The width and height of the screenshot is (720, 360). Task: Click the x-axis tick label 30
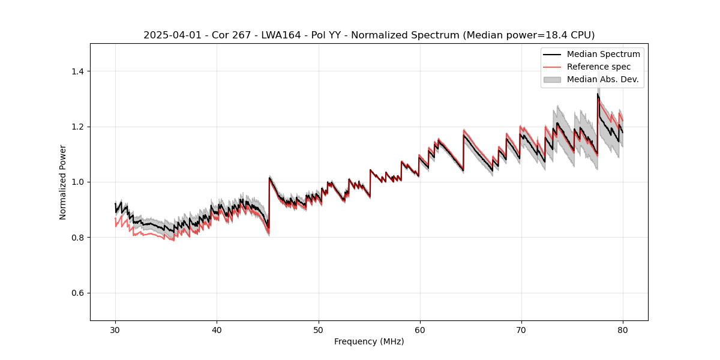click(115, 329)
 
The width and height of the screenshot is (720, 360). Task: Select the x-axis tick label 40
click(217, 329)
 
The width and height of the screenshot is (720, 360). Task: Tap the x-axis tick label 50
click(319, 329)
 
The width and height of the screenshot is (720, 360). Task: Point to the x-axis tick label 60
click(420, 329)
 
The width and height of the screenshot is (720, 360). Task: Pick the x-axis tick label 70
click(521, 329)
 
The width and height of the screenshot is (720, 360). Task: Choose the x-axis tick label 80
click(623, 329)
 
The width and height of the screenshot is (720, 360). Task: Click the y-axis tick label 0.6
click(77, 293)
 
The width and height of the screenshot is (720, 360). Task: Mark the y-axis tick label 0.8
click(77, 238)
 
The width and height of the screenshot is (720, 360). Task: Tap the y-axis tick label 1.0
click(77, 182)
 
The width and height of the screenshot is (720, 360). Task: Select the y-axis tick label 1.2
click(77, 127)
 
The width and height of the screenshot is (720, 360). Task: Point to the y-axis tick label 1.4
click(77, 71)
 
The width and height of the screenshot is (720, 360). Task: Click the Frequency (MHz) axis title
click(369, 341)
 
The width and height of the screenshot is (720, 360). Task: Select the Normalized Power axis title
click(63, 182)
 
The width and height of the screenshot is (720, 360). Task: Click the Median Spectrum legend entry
click(603, 54)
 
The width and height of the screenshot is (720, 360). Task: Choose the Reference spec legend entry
click(599, 67)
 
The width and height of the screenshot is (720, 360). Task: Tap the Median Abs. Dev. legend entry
click(602, 79)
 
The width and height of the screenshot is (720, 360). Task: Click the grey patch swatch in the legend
click(552, 79)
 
